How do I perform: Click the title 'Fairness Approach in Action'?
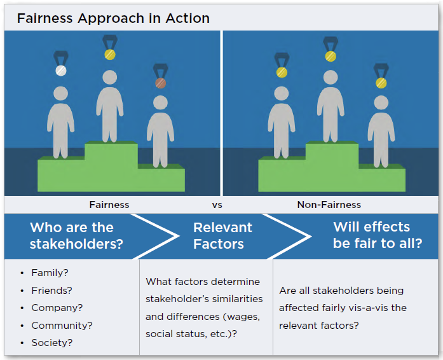(113, 17)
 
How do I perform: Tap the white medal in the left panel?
(61, 70)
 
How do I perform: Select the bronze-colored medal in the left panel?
(161, 83)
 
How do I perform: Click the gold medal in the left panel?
(110, 54)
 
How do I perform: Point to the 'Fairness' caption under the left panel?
(109, 205)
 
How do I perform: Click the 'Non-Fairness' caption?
(329, 205)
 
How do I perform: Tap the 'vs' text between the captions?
(217, 205)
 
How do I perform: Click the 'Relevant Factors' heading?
(222, 235)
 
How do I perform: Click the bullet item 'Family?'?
(50, 273)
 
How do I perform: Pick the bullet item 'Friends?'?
(51, 291)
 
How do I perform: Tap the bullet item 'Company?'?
(56, 308)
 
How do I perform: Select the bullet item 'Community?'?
(62, 326)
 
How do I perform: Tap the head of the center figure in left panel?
(110, 78)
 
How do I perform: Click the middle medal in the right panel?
(331, 56)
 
